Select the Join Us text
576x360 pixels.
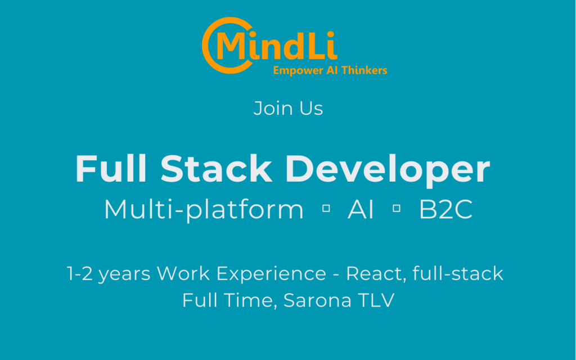(x=289, y=109)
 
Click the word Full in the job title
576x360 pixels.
(x=111, y=169)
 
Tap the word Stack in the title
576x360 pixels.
(x=216, y=169)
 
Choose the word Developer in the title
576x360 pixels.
(x=388, y=170)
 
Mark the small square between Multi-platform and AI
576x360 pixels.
(x=326, y=208)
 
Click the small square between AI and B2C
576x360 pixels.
(x=397, y=208)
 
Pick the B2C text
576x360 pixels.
(x=445, y=209)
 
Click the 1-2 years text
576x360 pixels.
(x=109, y=274)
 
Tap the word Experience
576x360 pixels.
(x=271, y=274)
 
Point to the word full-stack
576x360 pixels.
(x=458, y=273)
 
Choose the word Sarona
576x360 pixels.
(x=318, y=300)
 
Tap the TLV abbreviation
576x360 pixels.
(x=376, y=300)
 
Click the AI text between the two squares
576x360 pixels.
(x=361, y=209)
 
